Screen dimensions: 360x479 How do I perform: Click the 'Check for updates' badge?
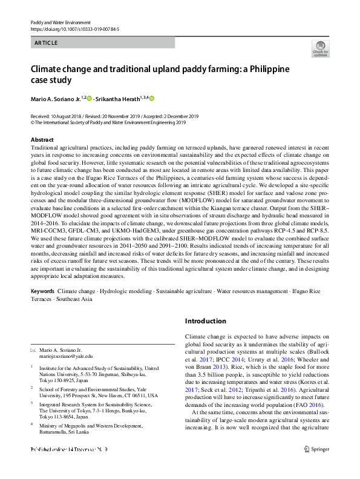(x=320, y=48)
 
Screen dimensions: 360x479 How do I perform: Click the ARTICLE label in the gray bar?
(x=46, y=42)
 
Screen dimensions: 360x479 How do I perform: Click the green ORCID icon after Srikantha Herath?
(x=152, y=97)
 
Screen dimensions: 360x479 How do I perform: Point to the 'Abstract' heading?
(x=42, y=139)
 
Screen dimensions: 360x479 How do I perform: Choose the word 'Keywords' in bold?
(x=42, y=291)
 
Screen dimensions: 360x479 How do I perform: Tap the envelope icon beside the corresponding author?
(x=33, y=351)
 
